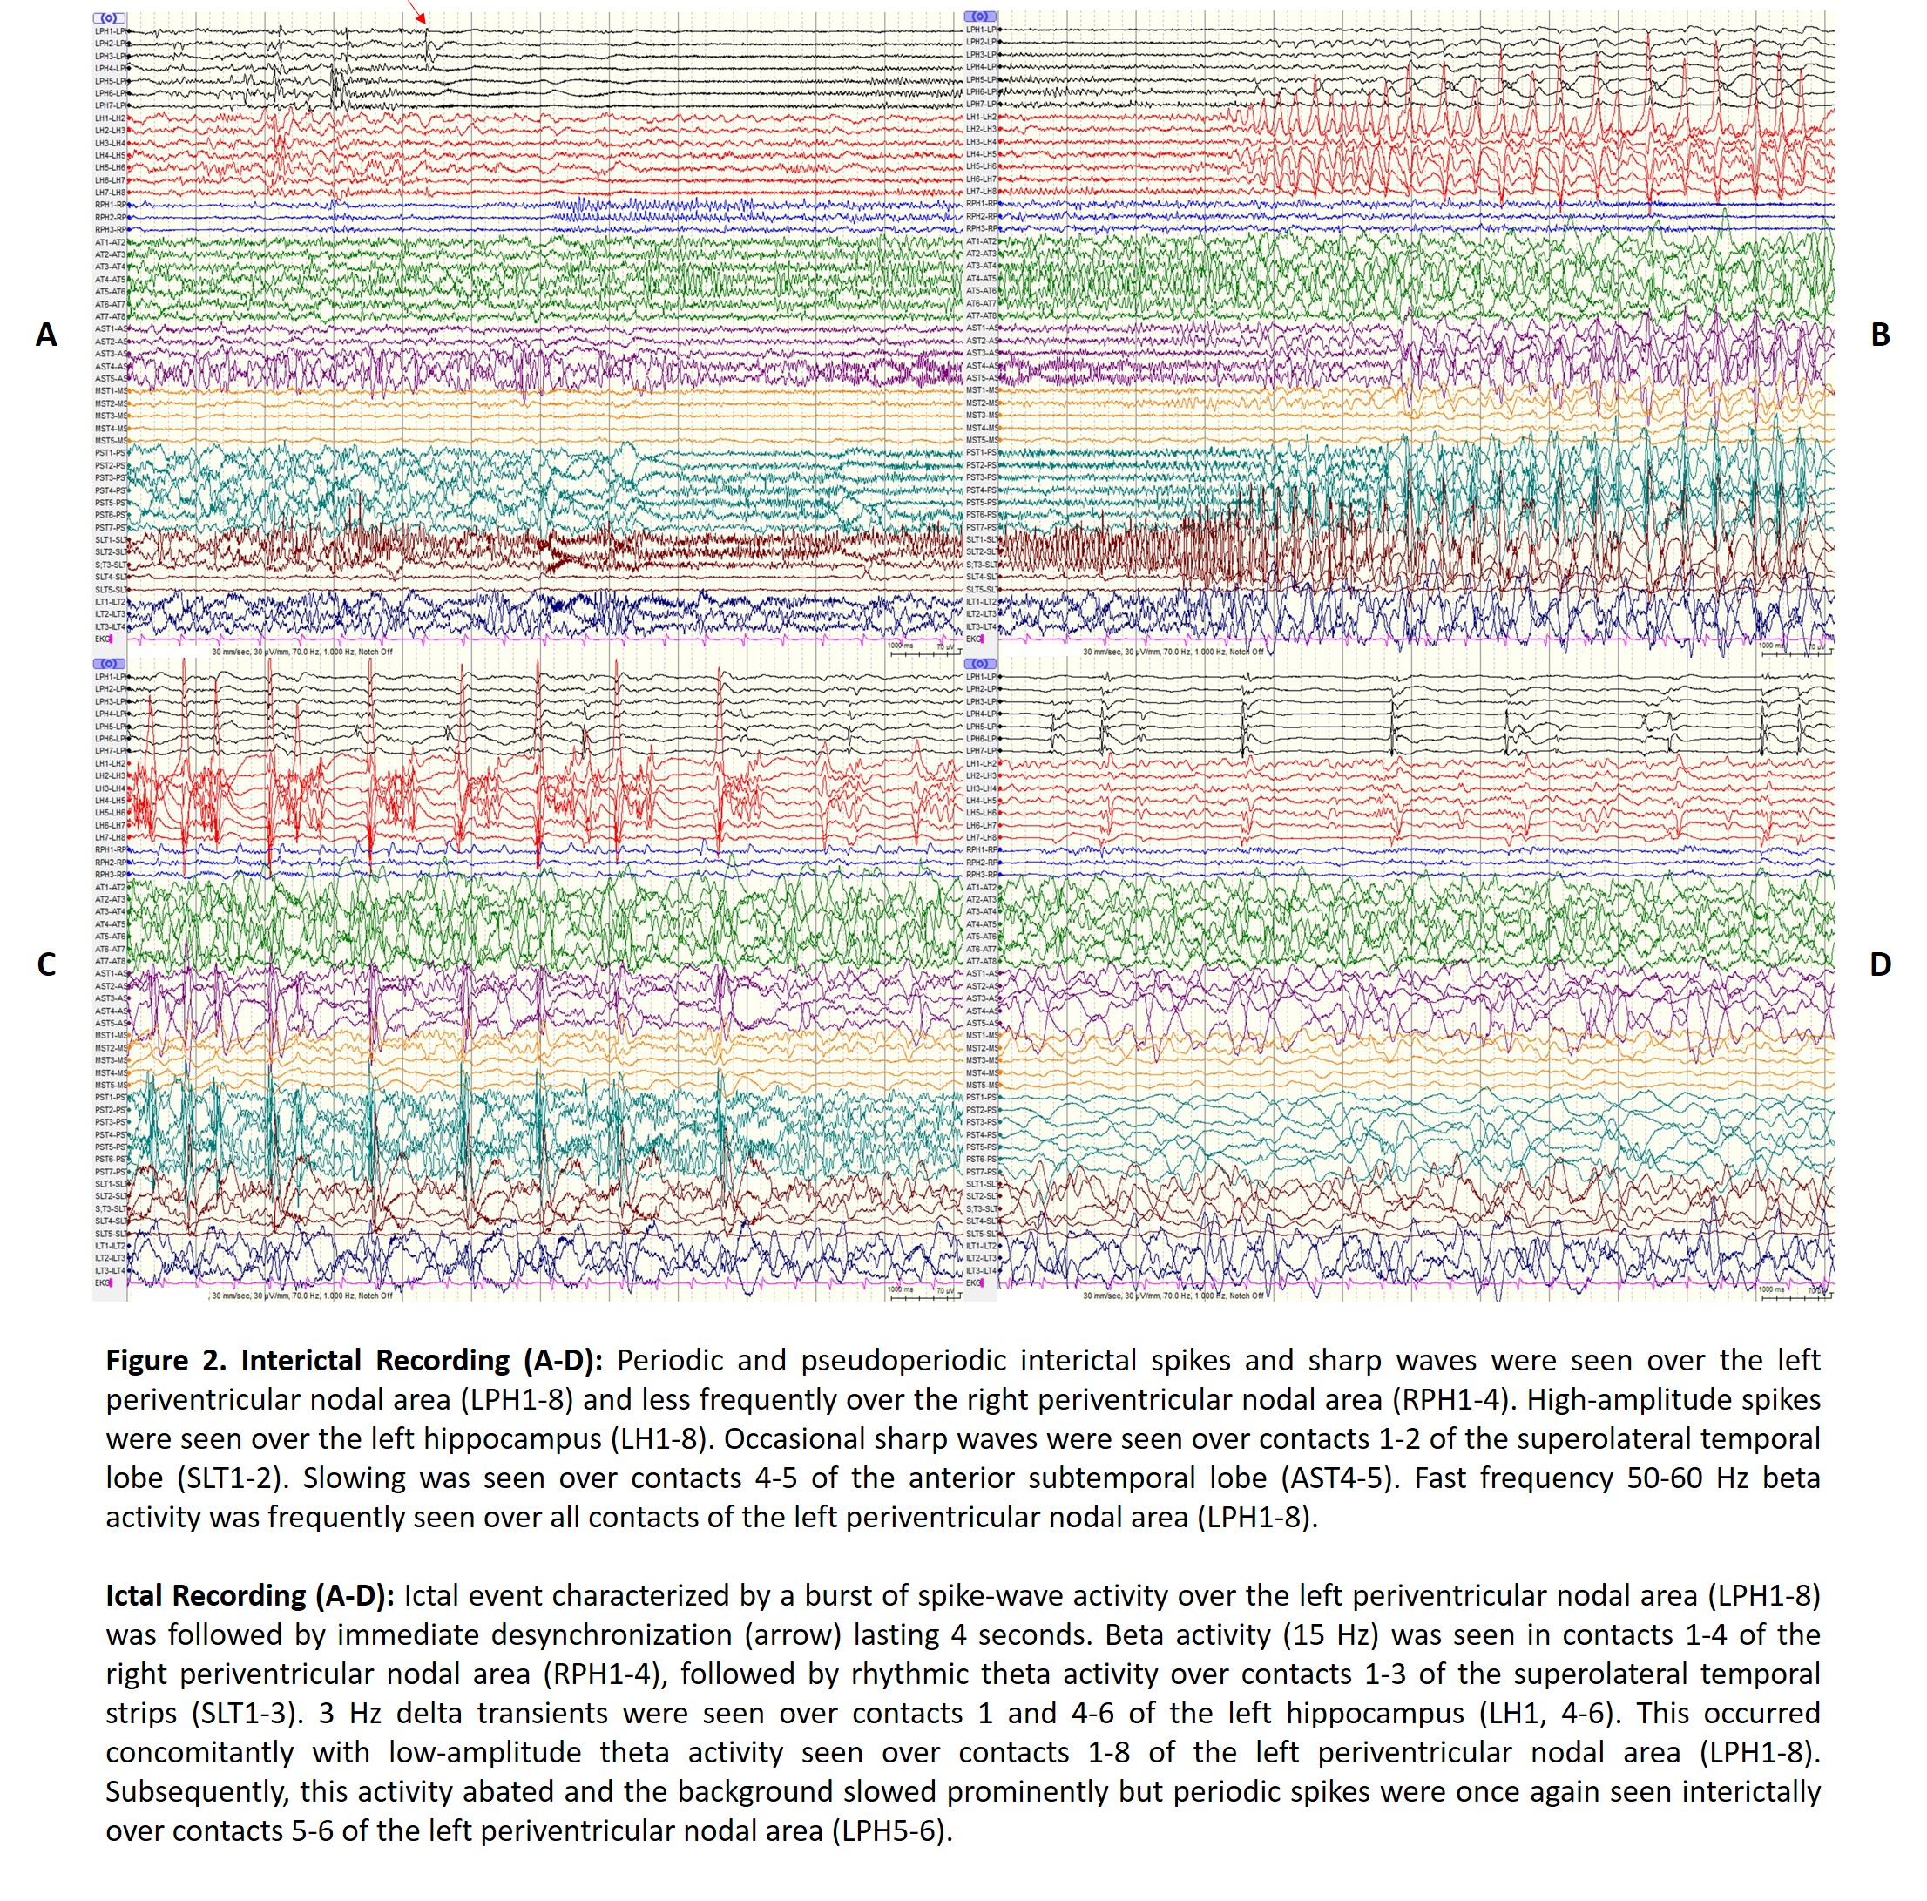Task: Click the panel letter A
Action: pos(46,335)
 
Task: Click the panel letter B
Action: pos(1880,335)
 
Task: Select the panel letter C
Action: pos(46,964)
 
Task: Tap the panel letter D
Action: pos(1880,964)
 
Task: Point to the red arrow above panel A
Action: pos(417,12)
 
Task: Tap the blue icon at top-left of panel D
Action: pos(980,663)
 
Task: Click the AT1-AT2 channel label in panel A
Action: pos(111,242)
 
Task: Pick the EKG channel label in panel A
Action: pos(103,639)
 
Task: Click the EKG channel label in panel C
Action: pos(103,1283)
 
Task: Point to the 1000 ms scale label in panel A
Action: pos(900,646)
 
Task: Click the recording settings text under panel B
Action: pos(1172,653)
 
